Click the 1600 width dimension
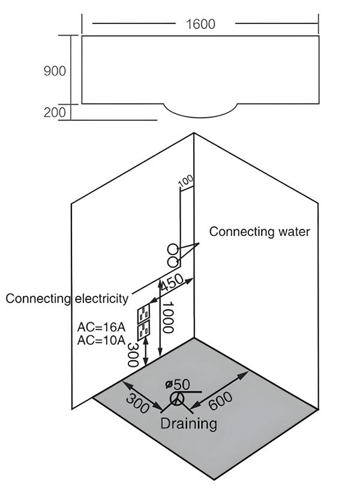click(200, 24)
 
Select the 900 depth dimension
click(55, 71)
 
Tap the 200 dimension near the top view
click(55, 112)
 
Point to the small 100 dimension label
click(185, 180)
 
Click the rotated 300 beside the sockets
click(133, 356)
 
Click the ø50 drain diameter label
click(177, 384)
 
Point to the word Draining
click(188, 424)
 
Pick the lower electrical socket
click(144, 330)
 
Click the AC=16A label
click(101, 328)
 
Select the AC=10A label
click(101, 341)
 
